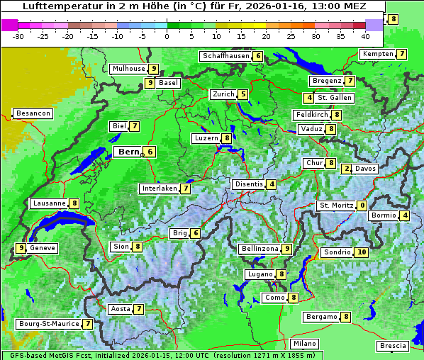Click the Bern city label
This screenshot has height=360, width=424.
128,152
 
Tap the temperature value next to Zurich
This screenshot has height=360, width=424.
243,94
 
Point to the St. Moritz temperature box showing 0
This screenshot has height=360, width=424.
362,206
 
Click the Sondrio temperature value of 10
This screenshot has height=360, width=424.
362,252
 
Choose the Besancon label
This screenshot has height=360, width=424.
33,113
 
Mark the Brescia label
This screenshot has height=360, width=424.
393,346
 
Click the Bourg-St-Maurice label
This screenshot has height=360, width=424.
48,324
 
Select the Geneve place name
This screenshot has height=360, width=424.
43,248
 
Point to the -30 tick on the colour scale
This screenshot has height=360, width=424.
18,35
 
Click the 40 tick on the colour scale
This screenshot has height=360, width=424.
365,35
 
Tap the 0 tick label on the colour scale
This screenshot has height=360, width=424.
167,35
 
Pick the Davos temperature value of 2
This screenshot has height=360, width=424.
347,169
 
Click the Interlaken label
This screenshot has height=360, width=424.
159,189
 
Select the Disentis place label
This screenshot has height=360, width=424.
249,184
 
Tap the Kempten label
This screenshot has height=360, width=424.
378,54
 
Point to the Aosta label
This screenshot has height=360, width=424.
121,309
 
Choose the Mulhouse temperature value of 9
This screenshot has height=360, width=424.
153,69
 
